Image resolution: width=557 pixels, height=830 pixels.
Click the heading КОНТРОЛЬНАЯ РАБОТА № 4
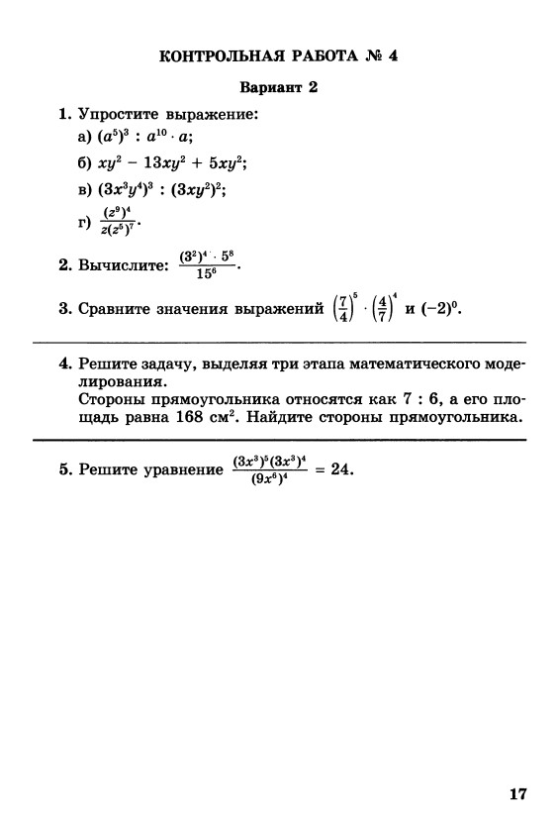[277, 55]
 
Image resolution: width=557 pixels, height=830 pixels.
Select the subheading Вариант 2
[278, 88]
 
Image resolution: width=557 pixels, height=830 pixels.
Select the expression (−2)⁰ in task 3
[438, 309]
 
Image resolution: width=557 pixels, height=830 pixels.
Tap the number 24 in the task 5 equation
[341, 469]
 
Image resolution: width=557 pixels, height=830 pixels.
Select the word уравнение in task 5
[185, 470]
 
